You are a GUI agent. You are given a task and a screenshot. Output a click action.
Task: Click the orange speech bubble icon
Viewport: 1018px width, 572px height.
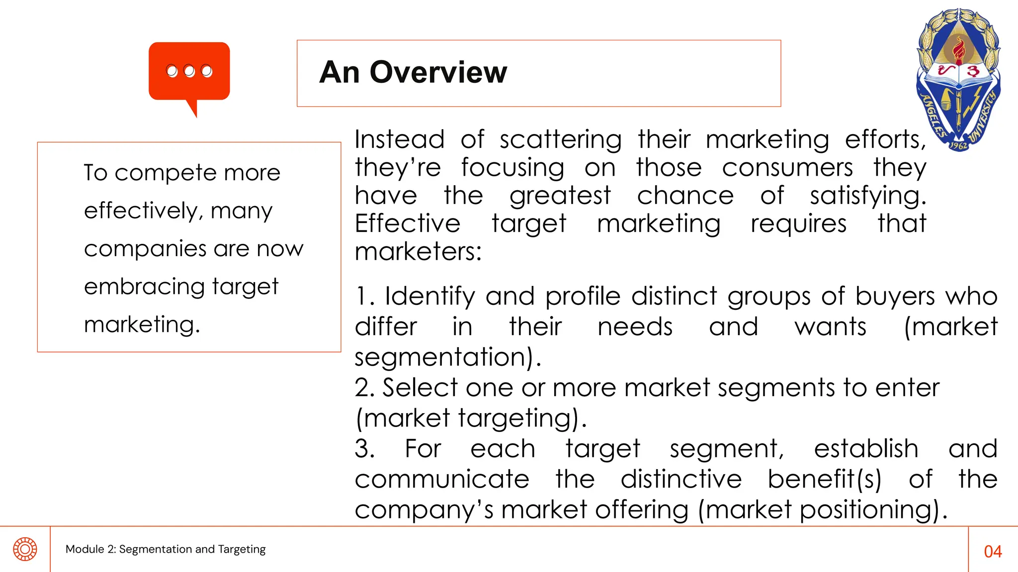(189, 72)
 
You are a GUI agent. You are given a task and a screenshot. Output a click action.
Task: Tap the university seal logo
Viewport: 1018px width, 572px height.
(958, 79)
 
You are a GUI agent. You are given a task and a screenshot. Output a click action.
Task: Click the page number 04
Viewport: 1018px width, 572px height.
(993, 551)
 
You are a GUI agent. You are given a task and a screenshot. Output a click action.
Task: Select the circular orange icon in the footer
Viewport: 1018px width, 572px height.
(25, 549)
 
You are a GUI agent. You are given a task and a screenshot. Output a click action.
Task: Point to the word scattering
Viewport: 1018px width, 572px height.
(560, 140)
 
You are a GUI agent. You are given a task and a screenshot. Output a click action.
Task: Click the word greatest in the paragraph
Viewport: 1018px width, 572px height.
(560, 196)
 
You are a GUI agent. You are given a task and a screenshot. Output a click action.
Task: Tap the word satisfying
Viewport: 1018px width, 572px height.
(867, 196)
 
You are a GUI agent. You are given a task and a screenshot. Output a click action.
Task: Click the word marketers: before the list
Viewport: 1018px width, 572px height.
(418, 251)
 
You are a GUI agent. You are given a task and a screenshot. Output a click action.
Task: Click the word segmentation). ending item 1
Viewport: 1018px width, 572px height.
(447, 357)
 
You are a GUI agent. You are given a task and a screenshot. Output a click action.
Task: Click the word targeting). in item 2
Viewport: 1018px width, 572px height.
(522, 418)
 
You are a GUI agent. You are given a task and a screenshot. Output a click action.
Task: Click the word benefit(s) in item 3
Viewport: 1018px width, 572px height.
(824, 479)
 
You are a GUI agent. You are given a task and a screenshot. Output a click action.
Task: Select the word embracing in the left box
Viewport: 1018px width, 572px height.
(144, 287)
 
